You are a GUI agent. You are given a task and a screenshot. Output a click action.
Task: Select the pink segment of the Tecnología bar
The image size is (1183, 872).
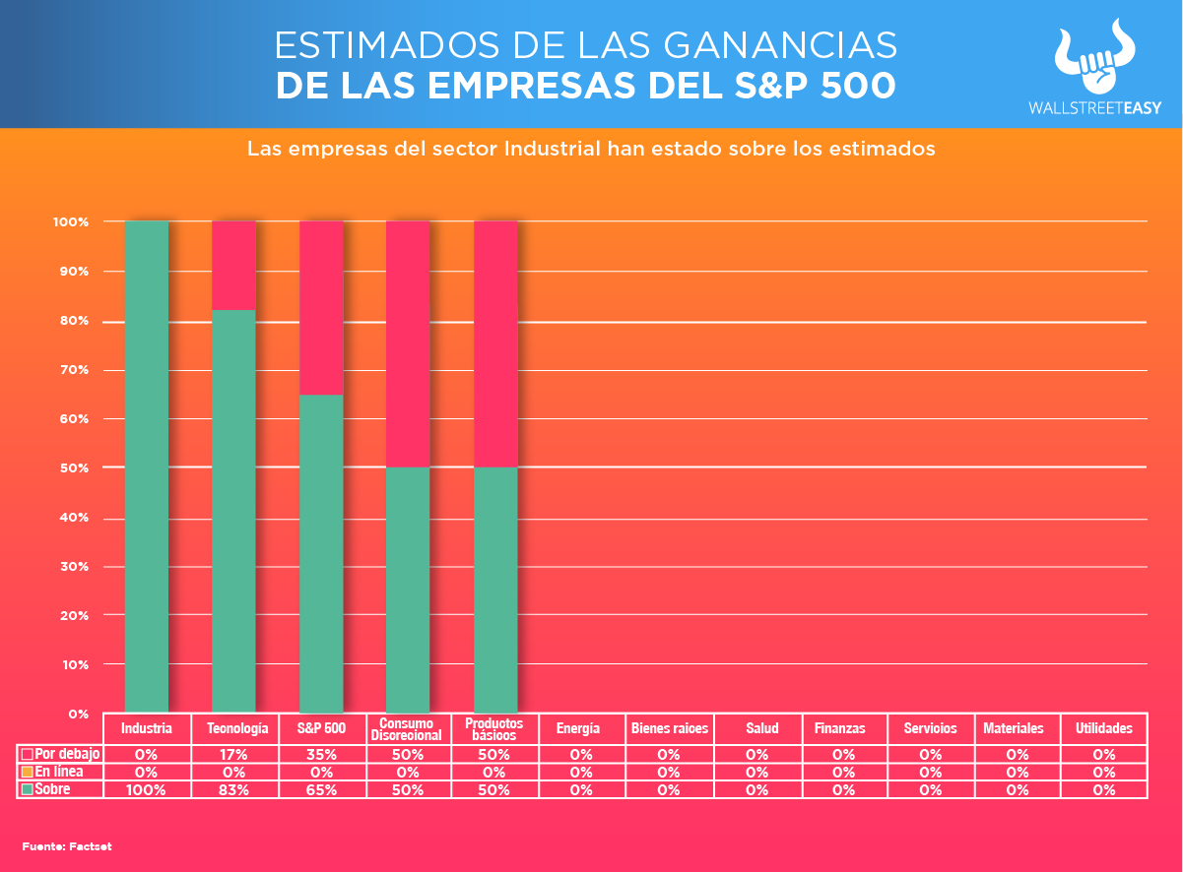click(234, 265)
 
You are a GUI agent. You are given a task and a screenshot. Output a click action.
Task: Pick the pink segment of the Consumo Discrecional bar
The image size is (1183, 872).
click(408, 343)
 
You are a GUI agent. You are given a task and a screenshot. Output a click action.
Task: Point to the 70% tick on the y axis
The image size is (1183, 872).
click(71, 370)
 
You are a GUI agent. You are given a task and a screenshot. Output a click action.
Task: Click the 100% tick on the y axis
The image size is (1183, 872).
click(71, 222)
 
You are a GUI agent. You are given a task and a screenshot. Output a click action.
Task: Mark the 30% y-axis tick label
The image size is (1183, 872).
click(71, 567)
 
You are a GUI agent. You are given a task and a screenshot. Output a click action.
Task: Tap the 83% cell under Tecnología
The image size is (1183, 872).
click(234, 789)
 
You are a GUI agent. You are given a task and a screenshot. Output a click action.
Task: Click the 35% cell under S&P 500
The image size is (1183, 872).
click(321, 754)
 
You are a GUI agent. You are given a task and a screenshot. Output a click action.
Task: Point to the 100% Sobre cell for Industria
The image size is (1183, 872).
click(147, 789)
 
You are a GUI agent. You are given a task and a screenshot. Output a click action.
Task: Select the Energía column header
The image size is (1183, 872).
click(578, 729)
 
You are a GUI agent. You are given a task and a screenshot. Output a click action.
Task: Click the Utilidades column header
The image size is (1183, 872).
click(1103, 729)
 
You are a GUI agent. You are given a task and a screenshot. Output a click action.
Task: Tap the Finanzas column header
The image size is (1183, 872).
click(840, 729)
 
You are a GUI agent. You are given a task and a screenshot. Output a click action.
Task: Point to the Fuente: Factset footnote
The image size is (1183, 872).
click(67, 846)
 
